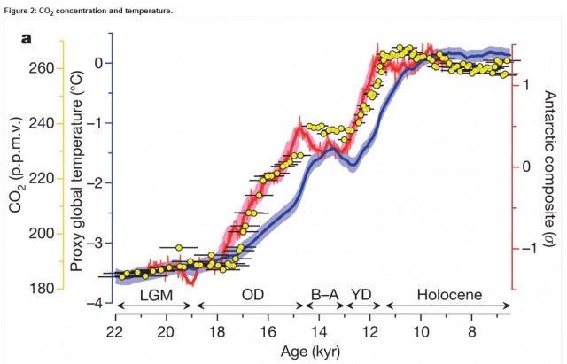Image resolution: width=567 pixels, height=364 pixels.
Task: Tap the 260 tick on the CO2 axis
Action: point(44,68)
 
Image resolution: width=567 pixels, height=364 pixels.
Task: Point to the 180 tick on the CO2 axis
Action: point(44,288)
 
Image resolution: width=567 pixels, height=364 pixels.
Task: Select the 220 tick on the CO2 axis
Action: point(44,178)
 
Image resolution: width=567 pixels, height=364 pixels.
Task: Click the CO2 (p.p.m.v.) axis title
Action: point(17,179)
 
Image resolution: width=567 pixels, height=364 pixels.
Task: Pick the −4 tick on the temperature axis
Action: point(99,303)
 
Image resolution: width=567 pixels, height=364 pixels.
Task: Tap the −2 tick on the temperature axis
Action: point(99,182)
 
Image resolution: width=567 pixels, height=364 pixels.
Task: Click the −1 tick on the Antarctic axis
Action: point(527,249)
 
